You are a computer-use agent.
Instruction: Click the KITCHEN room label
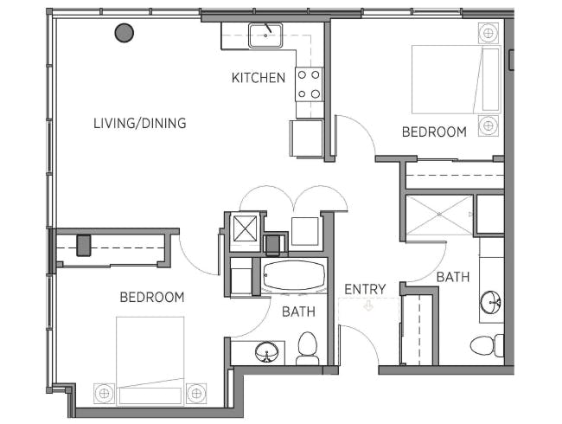point(258,78)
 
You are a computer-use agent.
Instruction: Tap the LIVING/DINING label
point(140,123)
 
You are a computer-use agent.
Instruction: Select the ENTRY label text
point(365,289)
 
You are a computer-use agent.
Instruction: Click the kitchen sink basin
point(265,35)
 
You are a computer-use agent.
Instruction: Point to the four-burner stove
point(309,84)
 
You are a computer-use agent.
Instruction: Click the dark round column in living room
point(125,33)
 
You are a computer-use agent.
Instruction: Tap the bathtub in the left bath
point(294,275)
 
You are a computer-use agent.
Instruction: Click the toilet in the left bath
point(308,348)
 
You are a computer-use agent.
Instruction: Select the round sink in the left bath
point(266,352)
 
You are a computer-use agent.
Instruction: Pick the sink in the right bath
point(490,302)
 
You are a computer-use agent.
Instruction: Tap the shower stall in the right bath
point(439,215)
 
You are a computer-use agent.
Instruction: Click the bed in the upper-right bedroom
point(456,80)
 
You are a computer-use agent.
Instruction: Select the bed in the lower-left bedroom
point(150,361)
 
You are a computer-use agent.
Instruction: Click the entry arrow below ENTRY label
point(368,306)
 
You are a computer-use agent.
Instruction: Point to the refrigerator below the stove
point(306,138)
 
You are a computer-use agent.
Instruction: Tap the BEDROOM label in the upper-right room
point(434,132)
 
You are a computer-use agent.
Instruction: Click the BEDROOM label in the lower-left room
point(152,297)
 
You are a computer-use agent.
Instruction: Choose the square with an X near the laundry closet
point(246,228)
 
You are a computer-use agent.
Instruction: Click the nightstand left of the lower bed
point(105,394)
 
